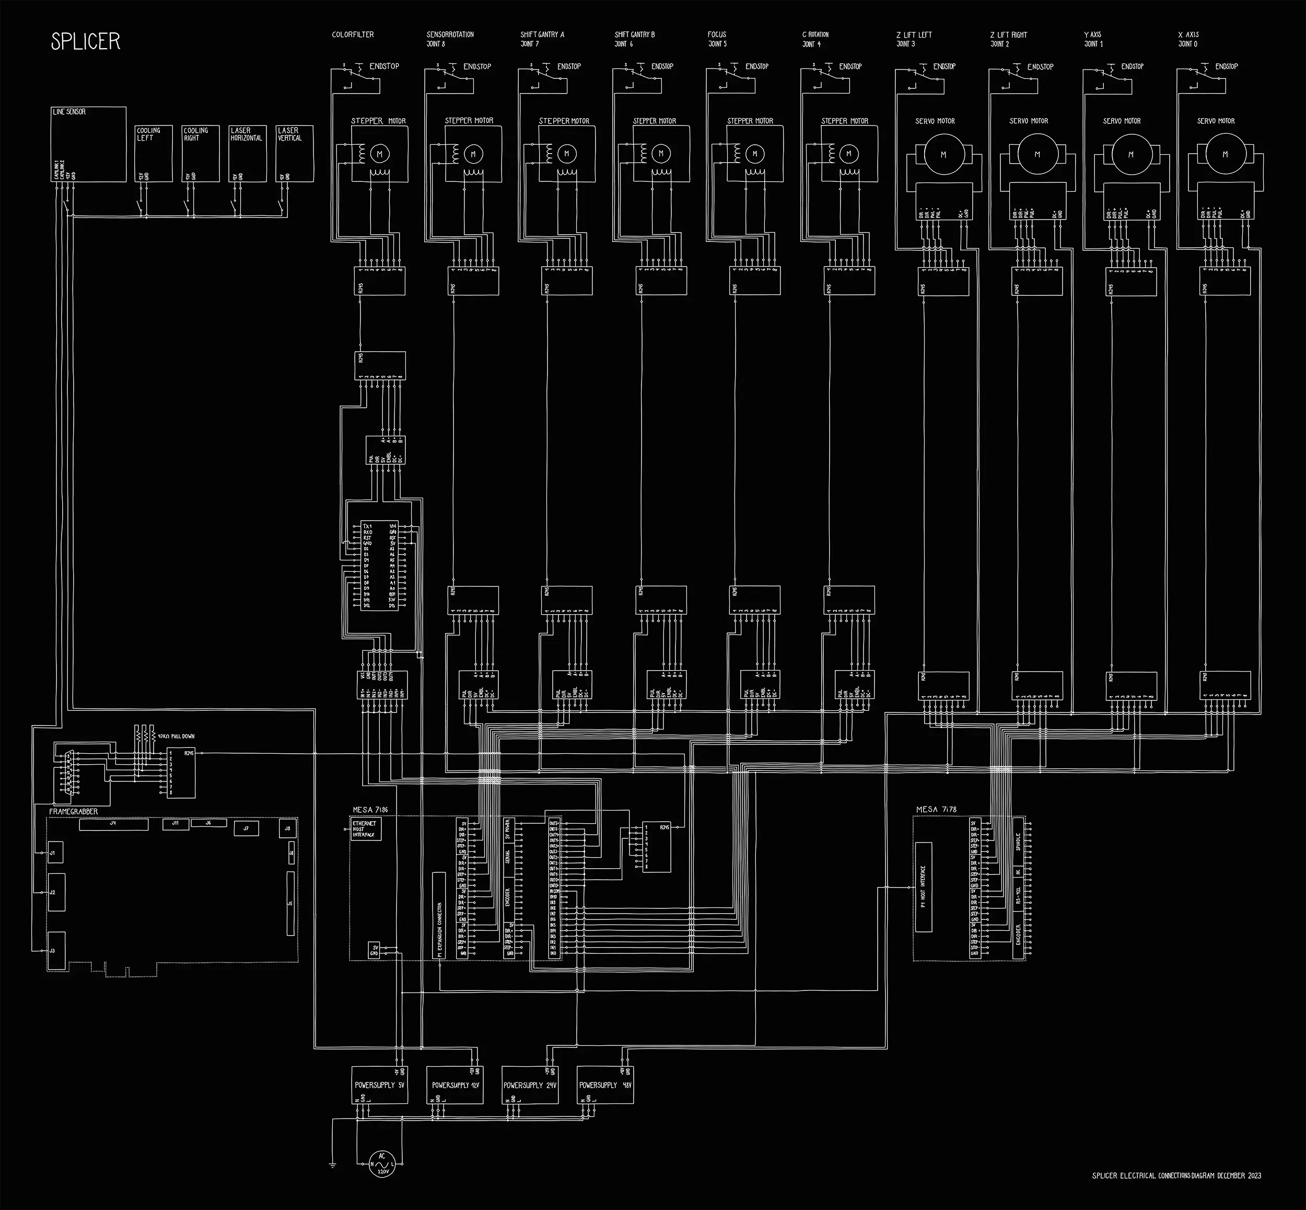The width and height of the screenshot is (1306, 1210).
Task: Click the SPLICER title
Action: (86, 42)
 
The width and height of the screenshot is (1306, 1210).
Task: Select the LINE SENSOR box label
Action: (69, 112)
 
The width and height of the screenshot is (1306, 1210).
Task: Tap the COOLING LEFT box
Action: (153, 153)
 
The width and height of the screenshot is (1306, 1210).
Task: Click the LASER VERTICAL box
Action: (295, 153)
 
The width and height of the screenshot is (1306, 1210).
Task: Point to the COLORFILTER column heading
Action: (353, 34)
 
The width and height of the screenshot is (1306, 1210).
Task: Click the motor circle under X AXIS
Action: (1225, 155)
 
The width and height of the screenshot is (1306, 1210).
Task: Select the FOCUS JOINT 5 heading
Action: (717, 39)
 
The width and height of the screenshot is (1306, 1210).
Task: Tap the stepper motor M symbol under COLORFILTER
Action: (379, 154)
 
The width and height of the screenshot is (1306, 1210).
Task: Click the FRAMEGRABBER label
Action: (73, 812)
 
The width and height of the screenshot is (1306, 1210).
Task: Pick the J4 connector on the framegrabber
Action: (113, 824)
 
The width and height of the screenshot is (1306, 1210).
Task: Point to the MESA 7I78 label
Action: (936, 809)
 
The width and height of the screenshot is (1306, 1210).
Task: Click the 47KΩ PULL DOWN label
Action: (176, 736)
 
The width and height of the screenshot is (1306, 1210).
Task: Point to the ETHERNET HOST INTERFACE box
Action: (365, 829)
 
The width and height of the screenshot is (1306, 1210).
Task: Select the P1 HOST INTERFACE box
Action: (923, 886)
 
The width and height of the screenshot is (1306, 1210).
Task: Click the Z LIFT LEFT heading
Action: (914, 39)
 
